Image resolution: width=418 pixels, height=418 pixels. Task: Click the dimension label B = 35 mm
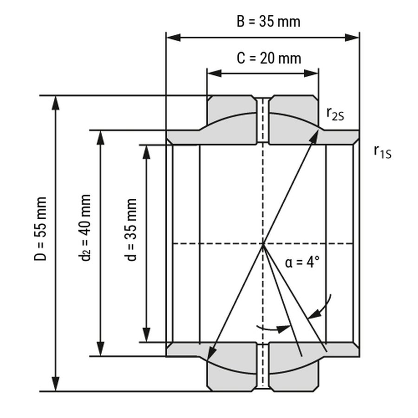(x=268, y=21)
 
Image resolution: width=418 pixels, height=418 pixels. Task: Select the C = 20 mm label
(x=269, y=58)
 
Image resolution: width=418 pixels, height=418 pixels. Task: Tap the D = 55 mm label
(x=40, y=229)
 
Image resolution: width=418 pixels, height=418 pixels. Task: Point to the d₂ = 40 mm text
(x=85, y=228)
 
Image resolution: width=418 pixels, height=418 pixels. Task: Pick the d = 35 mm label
(x=131, y=230)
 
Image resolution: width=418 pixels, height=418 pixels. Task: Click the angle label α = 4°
(x=302, y=262)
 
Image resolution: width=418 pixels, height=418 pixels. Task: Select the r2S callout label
(x=335, y=114)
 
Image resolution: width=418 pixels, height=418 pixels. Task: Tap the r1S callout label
(x=383, y=152)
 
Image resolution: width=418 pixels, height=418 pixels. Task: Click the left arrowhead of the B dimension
(x=174, y=38)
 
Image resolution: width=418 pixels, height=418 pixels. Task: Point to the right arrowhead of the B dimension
(x=352, y=38)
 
